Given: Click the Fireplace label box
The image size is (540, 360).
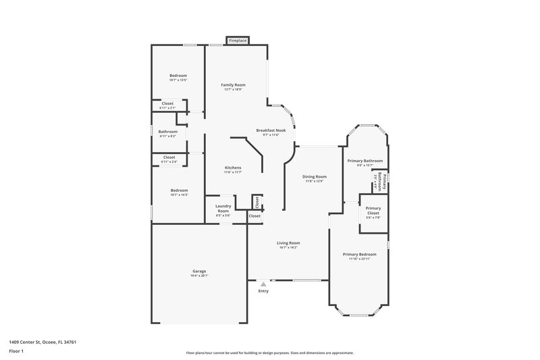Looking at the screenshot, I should click(x=238, y=41).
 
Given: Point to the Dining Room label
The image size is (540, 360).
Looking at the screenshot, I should click(x=315, y=178).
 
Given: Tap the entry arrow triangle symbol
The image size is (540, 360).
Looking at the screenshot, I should click(x=263, y=284).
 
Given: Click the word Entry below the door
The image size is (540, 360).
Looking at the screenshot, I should click(x=263, y=291).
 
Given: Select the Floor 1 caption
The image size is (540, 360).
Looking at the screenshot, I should click(x=16, y=353).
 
